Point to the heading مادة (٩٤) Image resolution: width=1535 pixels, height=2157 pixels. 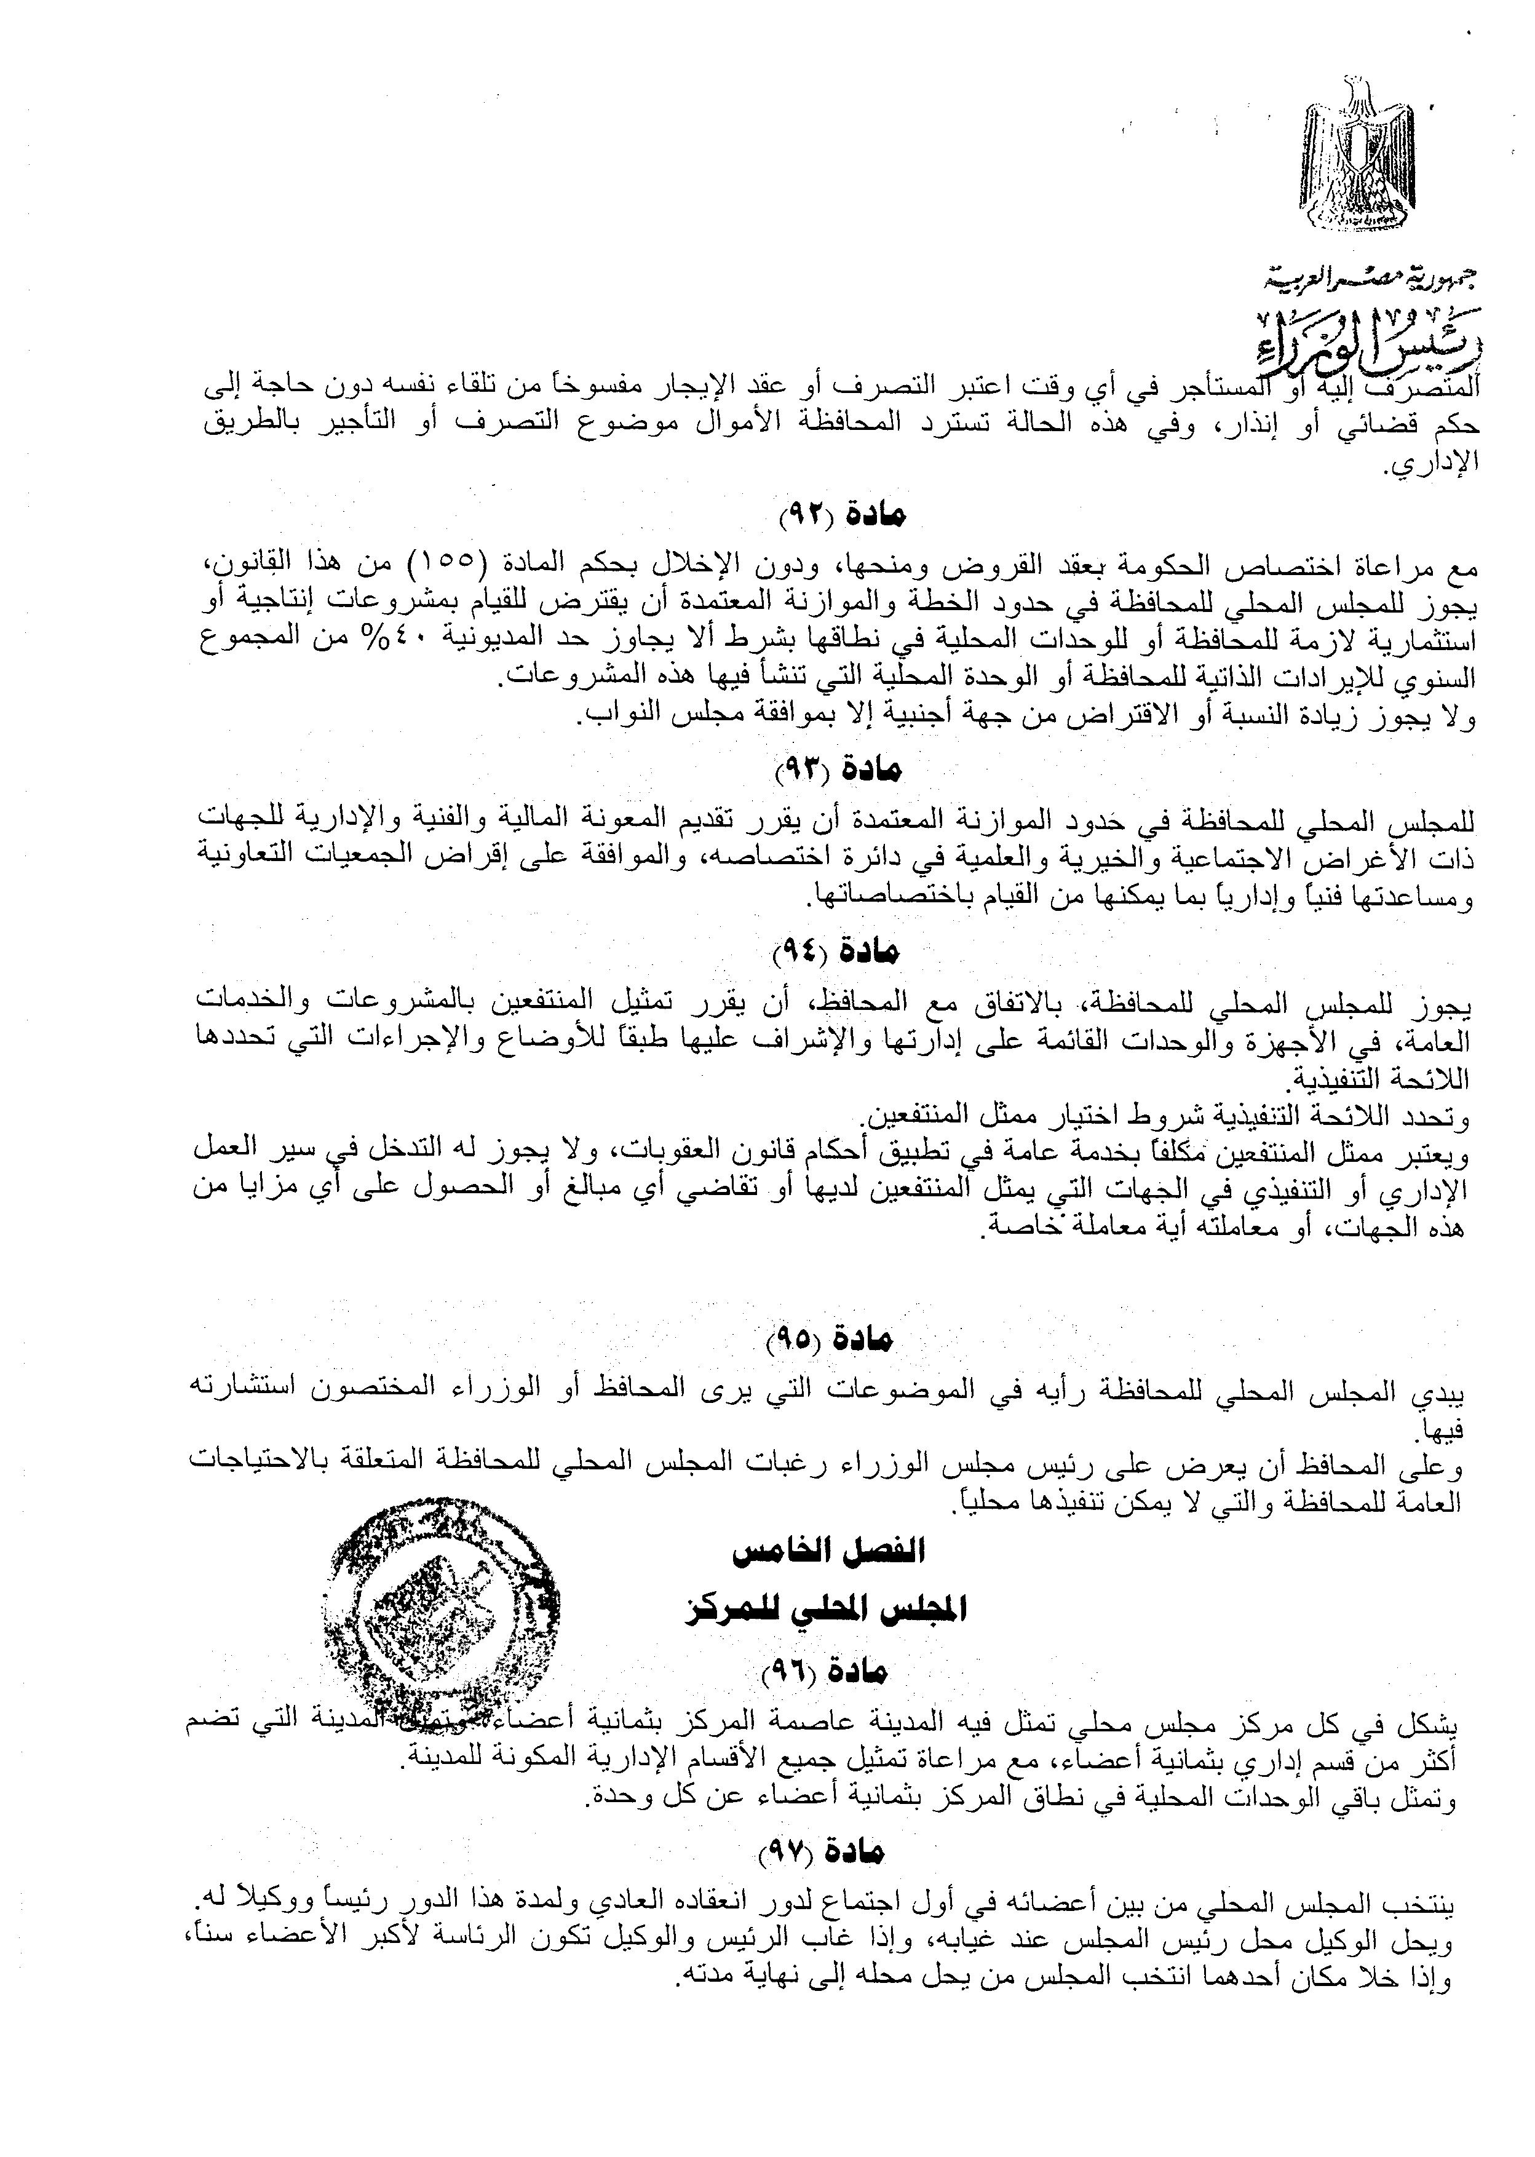(x=836, y=953)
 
